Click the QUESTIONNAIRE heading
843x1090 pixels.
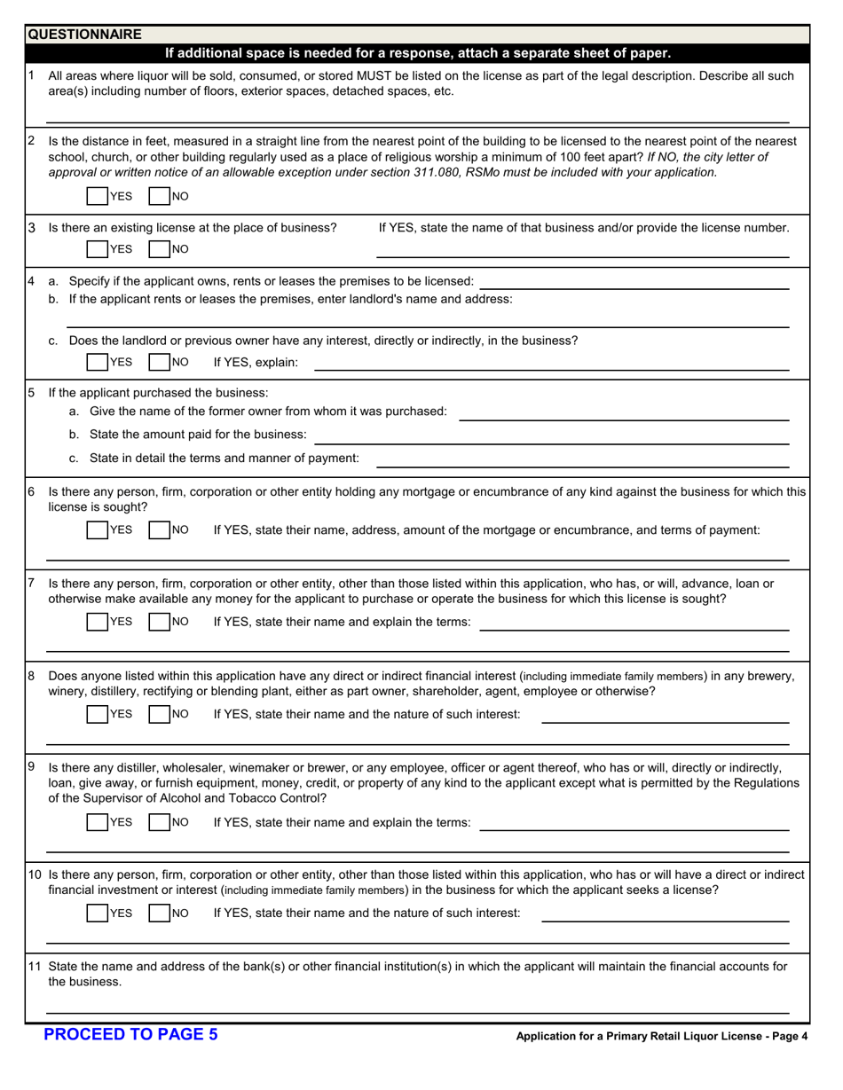84,35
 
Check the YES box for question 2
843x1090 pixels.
97,195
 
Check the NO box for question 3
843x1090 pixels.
159,249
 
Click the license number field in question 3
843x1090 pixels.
582,249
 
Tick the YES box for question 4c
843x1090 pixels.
97,362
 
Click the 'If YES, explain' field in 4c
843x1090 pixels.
552,362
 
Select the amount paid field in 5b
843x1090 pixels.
552,435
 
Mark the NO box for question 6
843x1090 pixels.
159,530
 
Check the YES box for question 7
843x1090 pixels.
97,622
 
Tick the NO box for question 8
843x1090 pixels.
159,714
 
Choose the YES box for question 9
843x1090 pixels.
97,822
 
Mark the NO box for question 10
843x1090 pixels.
159,913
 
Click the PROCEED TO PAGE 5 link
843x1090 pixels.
130,1033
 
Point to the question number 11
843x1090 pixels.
35,967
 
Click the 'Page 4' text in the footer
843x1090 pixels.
786,1035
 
